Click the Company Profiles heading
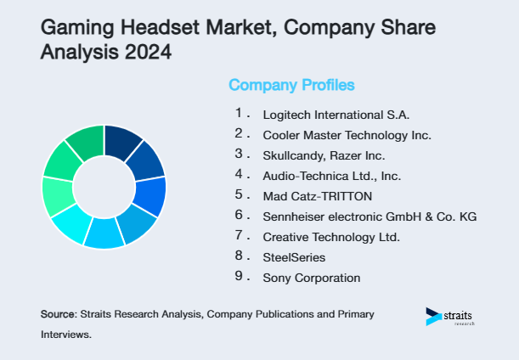(291, 85)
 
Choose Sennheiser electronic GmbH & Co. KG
(370, 217)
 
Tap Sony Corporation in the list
(311, 278)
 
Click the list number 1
(240, 113)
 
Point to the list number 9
(240, 276)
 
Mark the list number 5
(240, 194)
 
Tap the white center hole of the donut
(104, 187)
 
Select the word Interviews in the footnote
(66, 335)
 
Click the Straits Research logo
(451, 317)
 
